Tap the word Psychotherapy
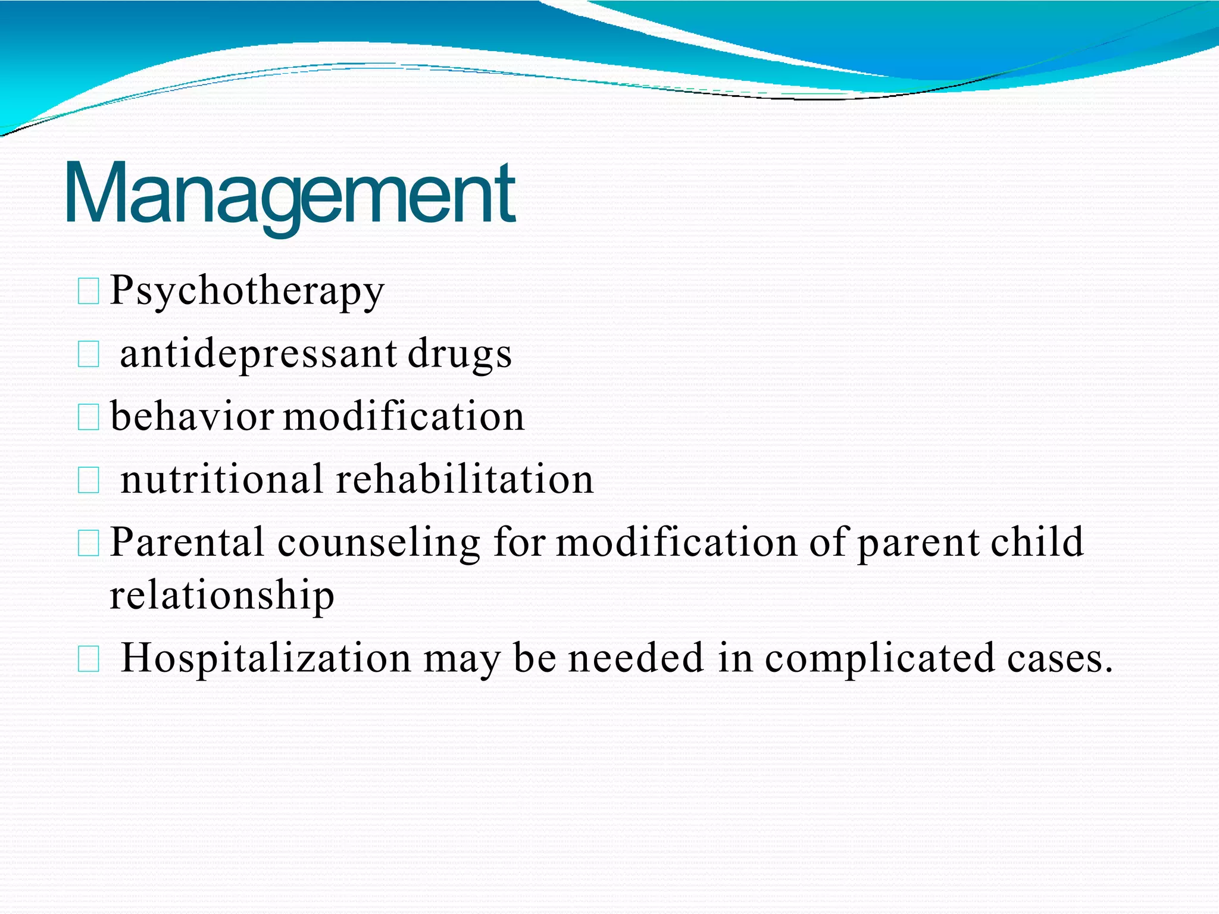[247, 291]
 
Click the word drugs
[460, 355]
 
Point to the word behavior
[192, 416]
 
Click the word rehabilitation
[464, 479]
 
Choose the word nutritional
[221, 479]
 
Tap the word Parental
[186, 542]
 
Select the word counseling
[379, 543]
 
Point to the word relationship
[221, 594]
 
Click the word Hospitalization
[265, 658]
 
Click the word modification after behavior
[404, 416]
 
